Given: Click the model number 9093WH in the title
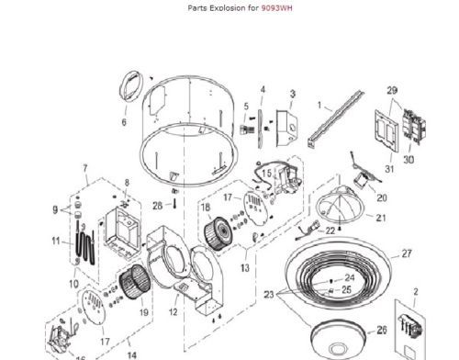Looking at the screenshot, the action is coord(276,7).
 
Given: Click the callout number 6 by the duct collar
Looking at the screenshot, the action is coord(124,122).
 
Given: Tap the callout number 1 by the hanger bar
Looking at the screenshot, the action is coord(319,105).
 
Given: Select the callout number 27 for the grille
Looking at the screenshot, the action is coord(407,253).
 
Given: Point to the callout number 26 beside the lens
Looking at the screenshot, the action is coord(382,330).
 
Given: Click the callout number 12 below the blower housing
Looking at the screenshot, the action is coord(173,311).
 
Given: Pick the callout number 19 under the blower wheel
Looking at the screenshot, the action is coord(144,312).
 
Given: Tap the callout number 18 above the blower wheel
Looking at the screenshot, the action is coord(206,208).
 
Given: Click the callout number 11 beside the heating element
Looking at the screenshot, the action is coord(56,241).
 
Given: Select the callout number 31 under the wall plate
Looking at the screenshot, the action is coord(389,169).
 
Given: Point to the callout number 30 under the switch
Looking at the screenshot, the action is coord(409,160).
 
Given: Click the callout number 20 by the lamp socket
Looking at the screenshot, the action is coord(382,197).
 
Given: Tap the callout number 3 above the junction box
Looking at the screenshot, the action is coord(293,94).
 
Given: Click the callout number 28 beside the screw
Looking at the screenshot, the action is coord(157,206).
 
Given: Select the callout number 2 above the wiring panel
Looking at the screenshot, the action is coord(416,292).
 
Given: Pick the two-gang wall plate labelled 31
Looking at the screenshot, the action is coord(386,131).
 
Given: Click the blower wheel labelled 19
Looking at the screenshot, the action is coord(135,282).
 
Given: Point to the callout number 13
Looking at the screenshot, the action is coord(245,268).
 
